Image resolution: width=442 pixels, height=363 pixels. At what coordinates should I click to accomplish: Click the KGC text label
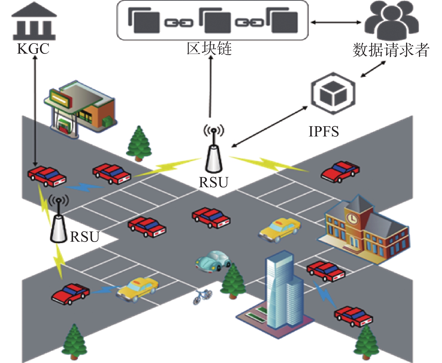pos(33,49)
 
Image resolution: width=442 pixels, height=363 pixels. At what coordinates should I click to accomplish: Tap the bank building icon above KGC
pos(34,21)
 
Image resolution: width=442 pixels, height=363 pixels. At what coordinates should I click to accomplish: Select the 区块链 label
pos(209,49)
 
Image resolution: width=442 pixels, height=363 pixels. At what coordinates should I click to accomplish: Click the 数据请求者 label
pos(391,50)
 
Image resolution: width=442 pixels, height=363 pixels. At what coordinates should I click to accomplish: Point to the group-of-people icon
pos(391,20)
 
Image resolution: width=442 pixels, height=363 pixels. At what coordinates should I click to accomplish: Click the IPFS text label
pos(324,131)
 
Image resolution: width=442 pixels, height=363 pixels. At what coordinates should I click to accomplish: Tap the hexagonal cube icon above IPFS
pos(333,93)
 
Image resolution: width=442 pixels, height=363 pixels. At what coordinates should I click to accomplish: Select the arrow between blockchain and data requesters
pos(336,22)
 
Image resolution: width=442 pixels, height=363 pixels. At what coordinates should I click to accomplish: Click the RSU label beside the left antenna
pos(84,237)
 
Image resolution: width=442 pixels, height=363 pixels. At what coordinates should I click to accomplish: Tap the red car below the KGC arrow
pos(47,176)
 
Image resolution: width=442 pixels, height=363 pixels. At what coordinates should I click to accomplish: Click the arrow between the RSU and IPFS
pos(269,127)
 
